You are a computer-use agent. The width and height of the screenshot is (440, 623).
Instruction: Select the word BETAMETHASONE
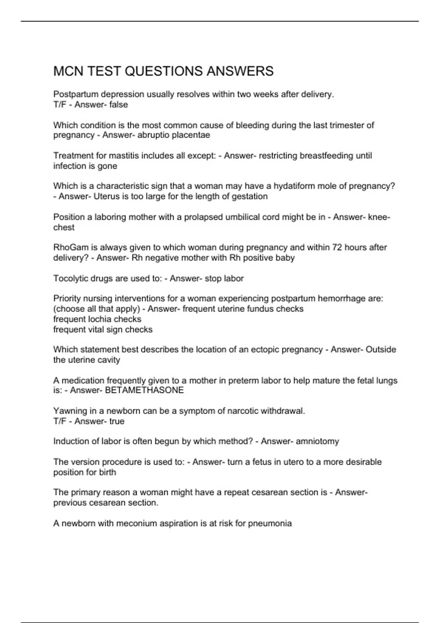(144, 390)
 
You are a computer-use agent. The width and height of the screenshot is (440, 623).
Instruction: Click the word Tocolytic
(70, 279)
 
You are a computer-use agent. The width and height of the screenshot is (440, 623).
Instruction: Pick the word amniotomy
(317, 441)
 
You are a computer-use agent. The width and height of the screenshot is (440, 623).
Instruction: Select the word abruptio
(153, 135)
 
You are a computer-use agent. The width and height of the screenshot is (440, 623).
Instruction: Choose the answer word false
(118, 105)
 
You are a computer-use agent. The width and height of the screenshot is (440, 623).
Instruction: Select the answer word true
(117, 421)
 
